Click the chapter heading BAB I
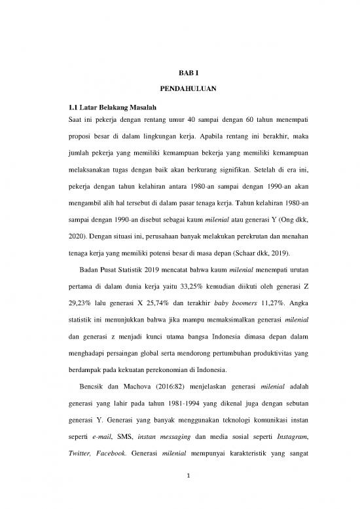point(179,75)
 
